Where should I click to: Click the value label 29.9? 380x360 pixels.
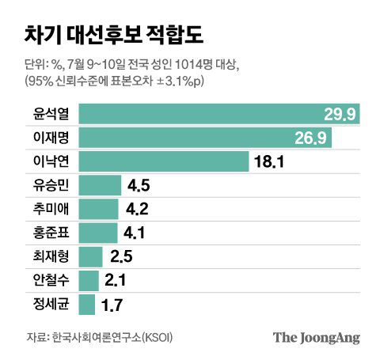[340, 116]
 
